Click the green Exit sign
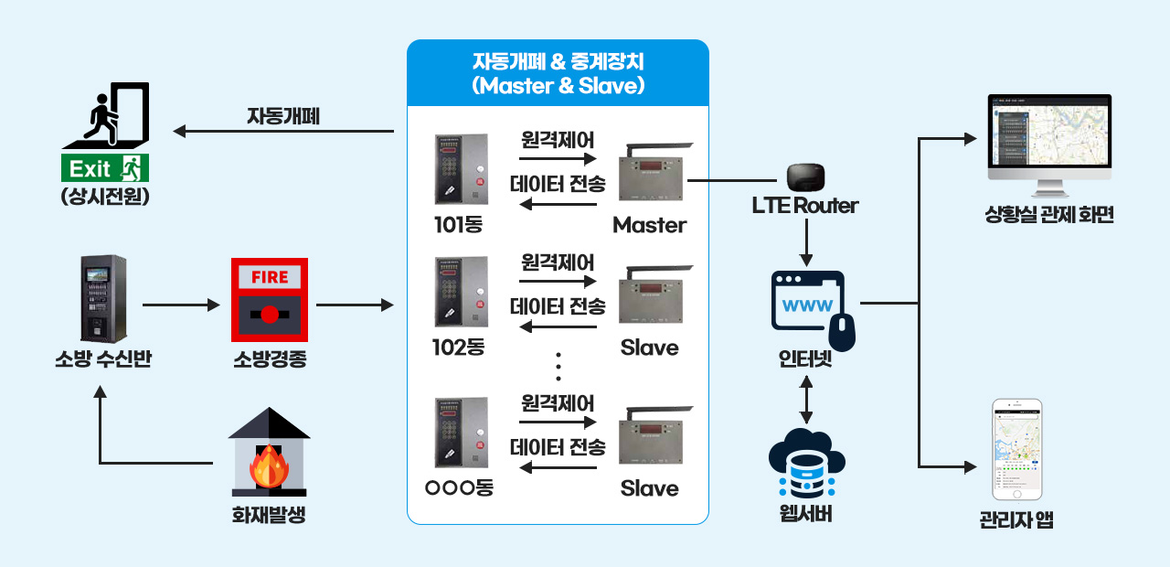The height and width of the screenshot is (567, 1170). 104,168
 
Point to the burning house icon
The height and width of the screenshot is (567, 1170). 269,452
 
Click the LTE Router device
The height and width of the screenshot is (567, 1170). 806,174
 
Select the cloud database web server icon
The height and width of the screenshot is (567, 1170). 805,462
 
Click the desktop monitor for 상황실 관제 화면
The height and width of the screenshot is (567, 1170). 1049,144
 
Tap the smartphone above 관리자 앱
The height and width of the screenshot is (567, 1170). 1017,449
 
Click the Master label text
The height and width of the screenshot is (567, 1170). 649,225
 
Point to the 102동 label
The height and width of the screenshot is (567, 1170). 458,348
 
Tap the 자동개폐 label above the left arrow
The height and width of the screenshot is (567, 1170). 283,116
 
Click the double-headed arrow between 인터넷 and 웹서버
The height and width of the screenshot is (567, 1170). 805,399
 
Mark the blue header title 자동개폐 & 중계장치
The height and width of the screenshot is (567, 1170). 558,73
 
